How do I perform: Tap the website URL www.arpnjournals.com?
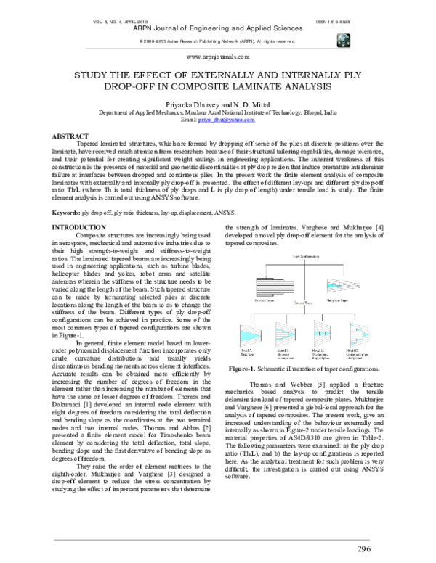218,56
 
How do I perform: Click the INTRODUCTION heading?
75,208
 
